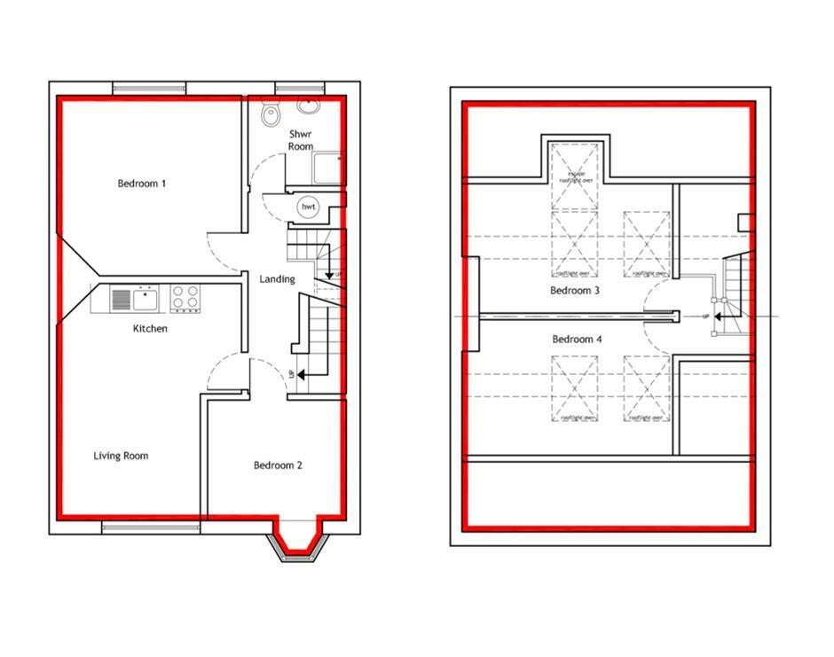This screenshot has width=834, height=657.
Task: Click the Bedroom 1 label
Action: pyautogui.click(x=142, y=184)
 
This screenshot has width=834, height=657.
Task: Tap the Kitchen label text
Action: pyautogui.click(x=150, y=329)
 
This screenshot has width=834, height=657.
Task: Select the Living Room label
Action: pyautogui.click(x=121, y=456)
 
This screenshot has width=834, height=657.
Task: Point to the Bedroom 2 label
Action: pyautogui.click(x=278, y=465)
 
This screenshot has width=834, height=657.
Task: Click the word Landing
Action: pyautogui.click(x=277, y=279)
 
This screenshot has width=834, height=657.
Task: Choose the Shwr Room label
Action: pyautogui.click(x=300, y=140)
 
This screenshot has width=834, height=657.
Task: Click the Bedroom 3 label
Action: pyautogui.click(x=575, y=291)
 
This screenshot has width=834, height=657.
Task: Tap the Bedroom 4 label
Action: pyautogui.click(x=577, y=340)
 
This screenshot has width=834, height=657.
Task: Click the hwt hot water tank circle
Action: pyautogui.click(x=309, y=207)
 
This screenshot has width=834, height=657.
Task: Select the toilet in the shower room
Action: pyautogui.click(x=271, y=115)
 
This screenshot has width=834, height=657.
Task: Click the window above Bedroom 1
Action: pyautogui.click(x=149, y=87)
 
